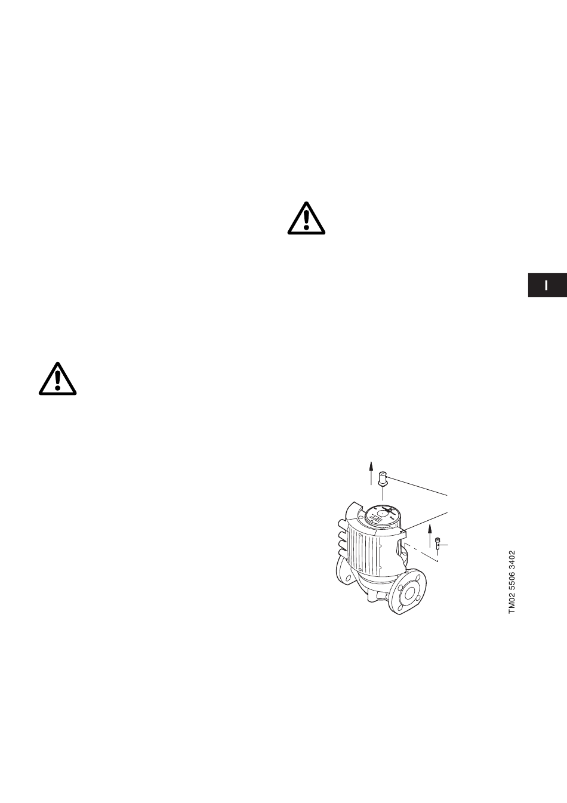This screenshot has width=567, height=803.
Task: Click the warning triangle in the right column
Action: [x=306, y=218]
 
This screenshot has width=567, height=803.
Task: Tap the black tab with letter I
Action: [x=547, y=285]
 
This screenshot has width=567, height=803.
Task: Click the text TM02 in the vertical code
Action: [x=511, y=601]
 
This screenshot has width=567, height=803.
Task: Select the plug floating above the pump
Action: [x=383, y=478]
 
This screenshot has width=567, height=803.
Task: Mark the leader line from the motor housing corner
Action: [x=427, y=520]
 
